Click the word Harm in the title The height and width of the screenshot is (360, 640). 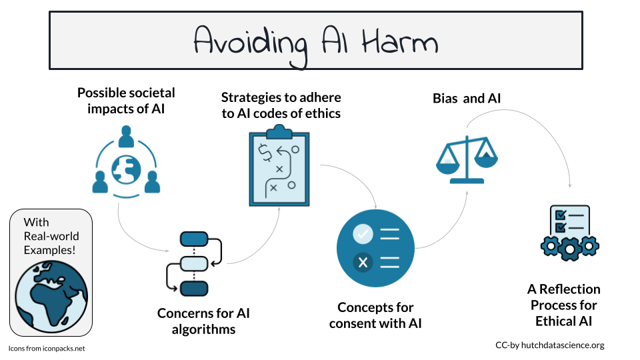(x=400, y=41)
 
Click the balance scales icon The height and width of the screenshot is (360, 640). (x=467, y=159)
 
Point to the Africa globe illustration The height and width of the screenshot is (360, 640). (x=51, y=296)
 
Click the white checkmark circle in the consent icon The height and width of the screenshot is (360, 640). (x=363, y=234)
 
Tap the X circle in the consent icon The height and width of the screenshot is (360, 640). (x=363, y=263)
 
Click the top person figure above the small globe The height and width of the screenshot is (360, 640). (x=126, y=136)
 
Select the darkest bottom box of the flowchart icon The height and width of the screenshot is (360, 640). (x=194, y=289)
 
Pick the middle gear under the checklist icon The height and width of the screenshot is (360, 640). (x=570, y=249)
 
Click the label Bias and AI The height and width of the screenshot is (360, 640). (x=467, y=99)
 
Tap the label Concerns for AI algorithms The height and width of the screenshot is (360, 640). (x=203, y=321)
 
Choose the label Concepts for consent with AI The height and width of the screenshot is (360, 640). (x=375, y=315)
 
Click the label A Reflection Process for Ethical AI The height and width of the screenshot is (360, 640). (x=564, y=305)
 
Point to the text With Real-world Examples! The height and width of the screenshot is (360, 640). (x=51, y=236)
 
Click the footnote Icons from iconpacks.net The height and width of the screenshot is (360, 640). (x=47, y=349)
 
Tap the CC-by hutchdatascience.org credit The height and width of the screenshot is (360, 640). (x=550, y=345)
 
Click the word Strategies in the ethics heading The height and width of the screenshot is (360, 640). (x=251, y=97)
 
